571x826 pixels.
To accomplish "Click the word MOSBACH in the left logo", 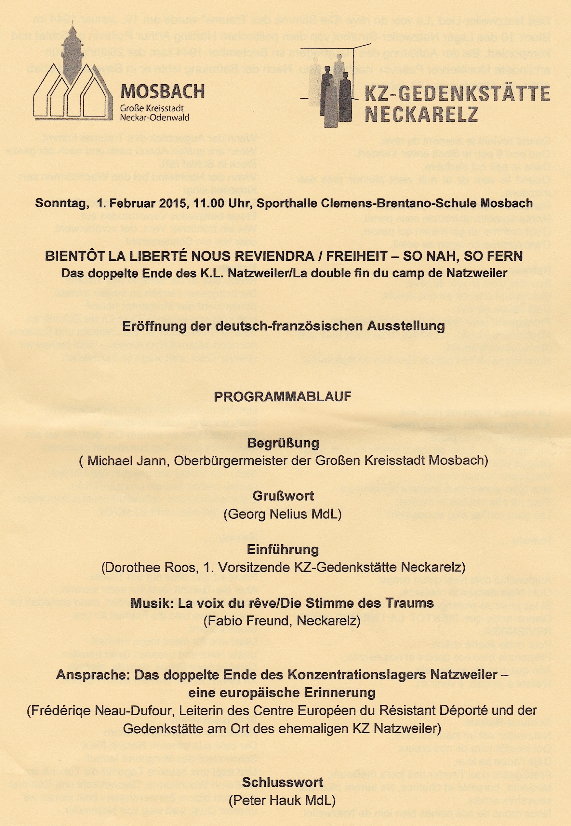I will coord(163,92).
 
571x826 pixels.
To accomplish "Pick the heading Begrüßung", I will coord(283,443).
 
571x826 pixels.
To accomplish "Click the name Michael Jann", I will coord(127,461).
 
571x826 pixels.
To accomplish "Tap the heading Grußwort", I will coord(283,496).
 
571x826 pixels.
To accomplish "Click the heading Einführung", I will coord(283,549).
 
